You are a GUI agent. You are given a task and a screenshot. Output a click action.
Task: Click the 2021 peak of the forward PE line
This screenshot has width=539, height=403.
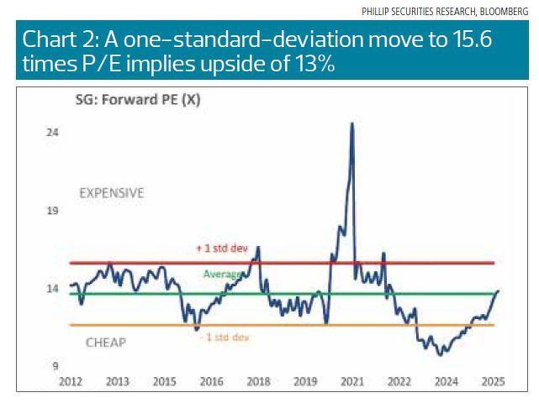[351, 123]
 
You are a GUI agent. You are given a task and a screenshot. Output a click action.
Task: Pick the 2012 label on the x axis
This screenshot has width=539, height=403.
[71, 382]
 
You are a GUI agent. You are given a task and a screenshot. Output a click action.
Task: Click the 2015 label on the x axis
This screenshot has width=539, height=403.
[165, 382]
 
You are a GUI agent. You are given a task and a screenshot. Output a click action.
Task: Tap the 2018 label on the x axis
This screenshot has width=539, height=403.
[258, 382]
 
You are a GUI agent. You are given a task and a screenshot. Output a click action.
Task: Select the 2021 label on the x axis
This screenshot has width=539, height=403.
[351, 382]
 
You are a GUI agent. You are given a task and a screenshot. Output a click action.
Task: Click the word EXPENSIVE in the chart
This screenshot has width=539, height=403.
[111, 193]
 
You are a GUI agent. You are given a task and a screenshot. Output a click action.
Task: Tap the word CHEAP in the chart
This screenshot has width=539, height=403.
[106, 343]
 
